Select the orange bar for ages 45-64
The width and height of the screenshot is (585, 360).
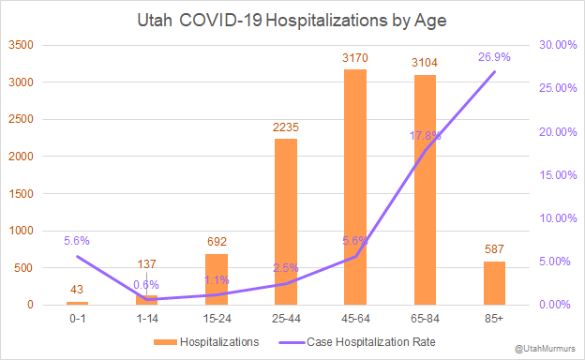click(355, 187)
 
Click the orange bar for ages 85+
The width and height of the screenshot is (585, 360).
click(494, 283)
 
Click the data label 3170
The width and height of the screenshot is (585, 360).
click(355, 59)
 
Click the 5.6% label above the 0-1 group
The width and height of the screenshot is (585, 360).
click(78, 240)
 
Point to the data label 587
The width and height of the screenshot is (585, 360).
click(494, 250)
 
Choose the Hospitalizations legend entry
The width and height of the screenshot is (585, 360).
click(210, 341)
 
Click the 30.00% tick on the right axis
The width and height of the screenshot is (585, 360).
click(553, 45)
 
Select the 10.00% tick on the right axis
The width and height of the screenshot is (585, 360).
click(553, 218)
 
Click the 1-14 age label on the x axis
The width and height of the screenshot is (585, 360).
click(147, 318)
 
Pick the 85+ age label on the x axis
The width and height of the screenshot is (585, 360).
click(494, 318)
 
